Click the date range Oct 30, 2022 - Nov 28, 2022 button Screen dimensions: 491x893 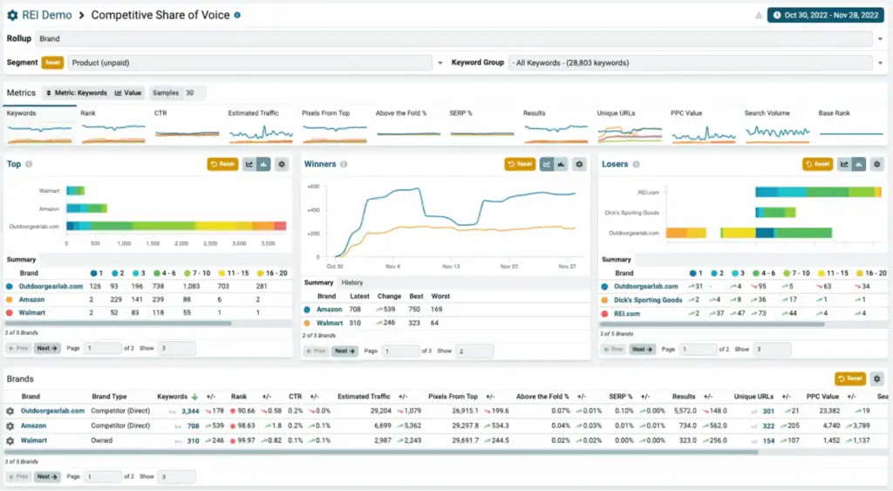(825, 15)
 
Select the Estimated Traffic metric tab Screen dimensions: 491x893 (253, 113)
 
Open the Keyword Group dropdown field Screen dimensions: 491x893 (689, 63)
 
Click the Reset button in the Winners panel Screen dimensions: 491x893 (520, 164)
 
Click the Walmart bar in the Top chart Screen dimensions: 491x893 (75, 190)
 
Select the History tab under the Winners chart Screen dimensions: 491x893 (352, 283)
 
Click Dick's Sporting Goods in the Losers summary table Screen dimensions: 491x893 (648, 300)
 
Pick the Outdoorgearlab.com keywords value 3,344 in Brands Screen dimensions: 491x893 (189, 411)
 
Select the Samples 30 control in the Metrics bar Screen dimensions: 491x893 (177, 92)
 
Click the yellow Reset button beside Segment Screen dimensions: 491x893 (52, 63)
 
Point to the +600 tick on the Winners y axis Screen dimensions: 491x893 (313, 187)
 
